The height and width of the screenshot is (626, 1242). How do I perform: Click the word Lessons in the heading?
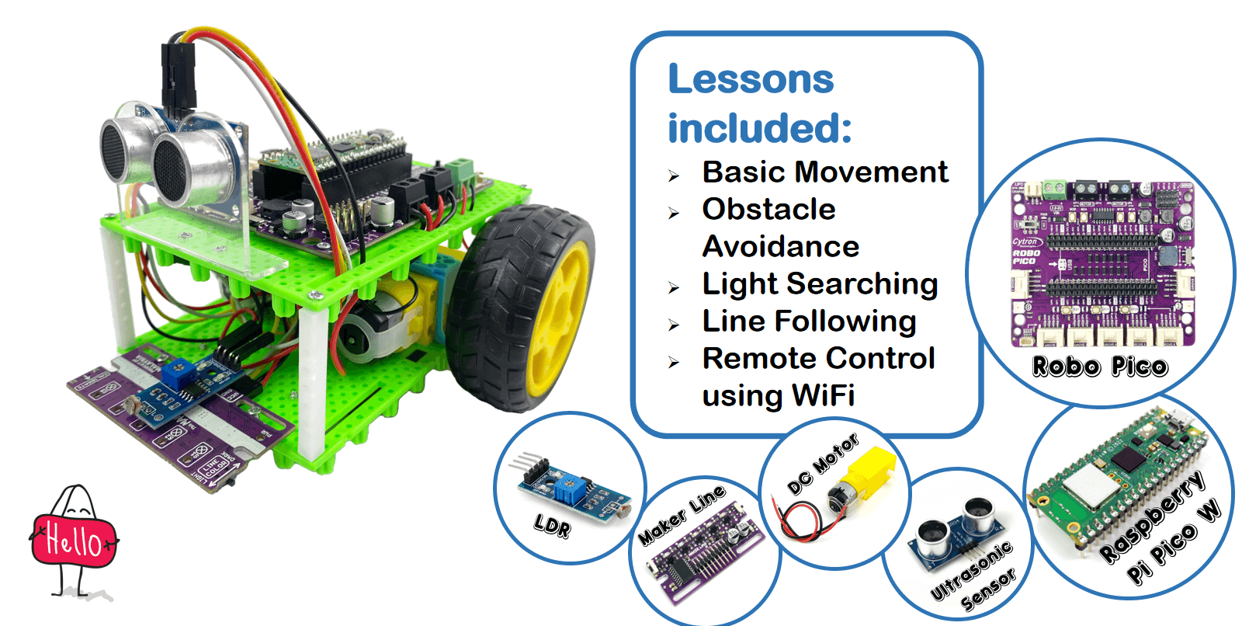tap(751, 79)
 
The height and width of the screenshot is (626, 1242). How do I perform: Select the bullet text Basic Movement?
tap(824, 172)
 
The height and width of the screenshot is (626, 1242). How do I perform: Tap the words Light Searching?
tap(820, 284)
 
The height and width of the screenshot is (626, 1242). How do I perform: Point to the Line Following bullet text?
tap(809, 322)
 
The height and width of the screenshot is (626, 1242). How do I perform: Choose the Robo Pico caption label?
tap(1099, 367)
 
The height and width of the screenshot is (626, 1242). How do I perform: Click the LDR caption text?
tap(552, 526)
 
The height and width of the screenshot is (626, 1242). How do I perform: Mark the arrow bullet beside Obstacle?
tap(673, 213)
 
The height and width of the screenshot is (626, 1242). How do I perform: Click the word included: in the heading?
tap(759, 128)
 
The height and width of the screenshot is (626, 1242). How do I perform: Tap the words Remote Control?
tap(818, 359)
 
